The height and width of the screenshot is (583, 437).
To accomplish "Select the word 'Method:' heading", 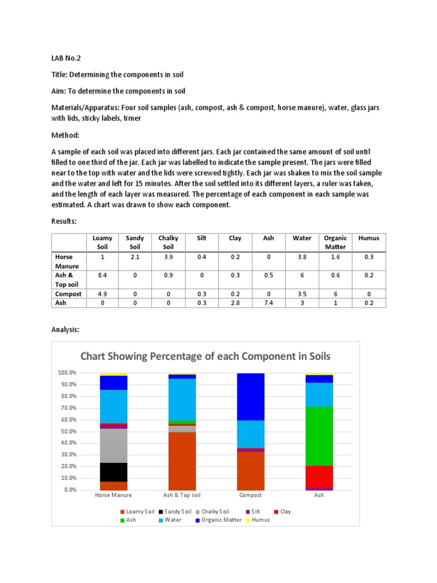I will [66, 136].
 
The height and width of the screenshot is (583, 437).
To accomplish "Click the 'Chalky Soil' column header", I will [168, 243].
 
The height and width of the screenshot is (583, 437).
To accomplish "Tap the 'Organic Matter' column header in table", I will [335, 243].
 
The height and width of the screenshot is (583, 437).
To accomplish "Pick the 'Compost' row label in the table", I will [68, 294].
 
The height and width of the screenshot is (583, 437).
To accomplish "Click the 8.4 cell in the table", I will [102, 275].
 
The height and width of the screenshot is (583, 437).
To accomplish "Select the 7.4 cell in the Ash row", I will [269, 303].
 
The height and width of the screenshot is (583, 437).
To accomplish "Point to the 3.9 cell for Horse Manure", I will [168, 257].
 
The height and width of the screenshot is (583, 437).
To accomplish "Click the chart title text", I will [205, 356].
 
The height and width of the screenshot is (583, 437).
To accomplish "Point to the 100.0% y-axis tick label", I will [67, 373].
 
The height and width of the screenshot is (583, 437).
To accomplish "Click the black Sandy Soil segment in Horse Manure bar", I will [113, 472].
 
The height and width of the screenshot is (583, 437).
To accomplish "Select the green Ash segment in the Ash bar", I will [319, 436].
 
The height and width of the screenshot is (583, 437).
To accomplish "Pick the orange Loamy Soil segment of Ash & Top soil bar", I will [182, 461].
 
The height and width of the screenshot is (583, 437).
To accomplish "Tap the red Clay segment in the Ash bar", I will [319, 477].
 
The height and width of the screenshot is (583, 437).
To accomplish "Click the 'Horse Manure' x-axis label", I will [113, 495].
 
